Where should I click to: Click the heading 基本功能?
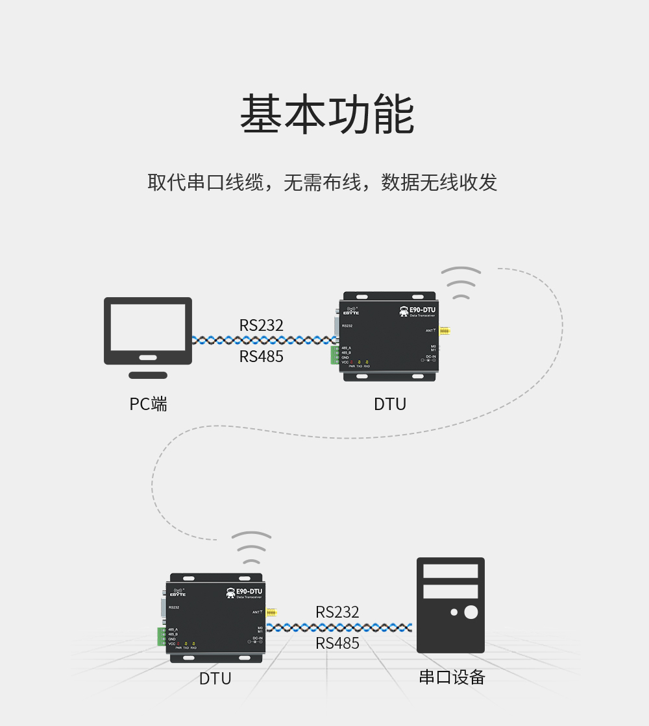327,114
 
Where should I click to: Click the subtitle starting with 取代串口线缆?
323,182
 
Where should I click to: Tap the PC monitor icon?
148,331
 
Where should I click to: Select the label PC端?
148,404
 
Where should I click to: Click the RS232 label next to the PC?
261,325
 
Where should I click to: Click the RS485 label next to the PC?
261,356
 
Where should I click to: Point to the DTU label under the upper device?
390,404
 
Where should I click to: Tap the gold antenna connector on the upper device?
445,331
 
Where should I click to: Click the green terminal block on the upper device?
335,355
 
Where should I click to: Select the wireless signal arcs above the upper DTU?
461,284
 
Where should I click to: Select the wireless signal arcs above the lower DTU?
251,548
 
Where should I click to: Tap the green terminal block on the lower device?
161,636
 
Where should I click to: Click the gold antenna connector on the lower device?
271,612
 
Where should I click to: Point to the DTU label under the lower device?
215,679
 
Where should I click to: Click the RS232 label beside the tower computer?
337,612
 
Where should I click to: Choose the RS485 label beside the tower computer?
337,643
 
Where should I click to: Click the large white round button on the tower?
471,612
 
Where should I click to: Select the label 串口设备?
452,677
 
